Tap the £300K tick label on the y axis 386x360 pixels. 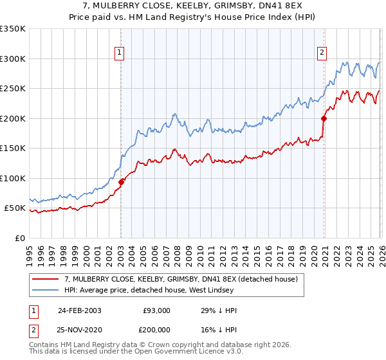13,59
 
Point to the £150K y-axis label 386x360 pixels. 13,148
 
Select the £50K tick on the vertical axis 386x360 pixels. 15,208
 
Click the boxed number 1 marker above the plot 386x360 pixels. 120,53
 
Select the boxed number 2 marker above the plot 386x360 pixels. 321,53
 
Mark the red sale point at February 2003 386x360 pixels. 121,182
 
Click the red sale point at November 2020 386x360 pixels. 324,118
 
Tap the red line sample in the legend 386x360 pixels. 46,280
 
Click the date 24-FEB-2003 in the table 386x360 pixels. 79,310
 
